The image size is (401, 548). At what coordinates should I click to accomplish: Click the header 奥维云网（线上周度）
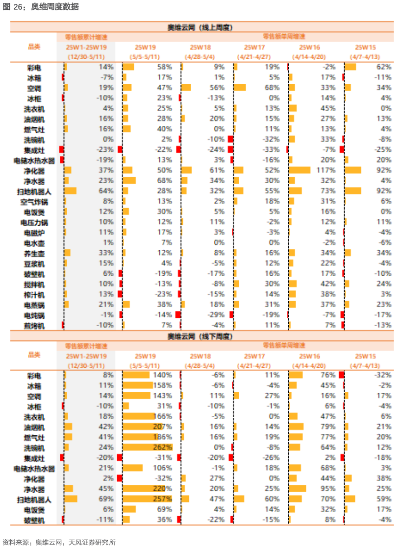(x=201, y=27)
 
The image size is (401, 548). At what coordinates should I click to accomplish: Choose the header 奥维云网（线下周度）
(x=201, y=336)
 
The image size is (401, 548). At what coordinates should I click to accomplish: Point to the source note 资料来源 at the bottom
(x=59, y=542)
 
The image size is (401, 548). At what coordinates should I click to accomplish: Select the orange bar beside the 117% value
(x=300, y=170)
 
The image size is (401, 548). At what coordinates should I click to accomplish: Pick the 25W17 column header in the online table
(x=254, y=47)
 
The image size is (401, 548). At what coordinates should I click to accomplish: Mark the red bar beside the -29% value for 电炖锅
(x=178, y=315)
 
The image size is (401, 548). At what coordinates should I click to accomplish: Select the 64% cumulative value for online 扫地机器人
(x=106, y=191)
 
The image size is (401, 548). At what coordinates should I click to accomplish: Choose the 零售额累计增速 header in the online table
(x=86, y=37)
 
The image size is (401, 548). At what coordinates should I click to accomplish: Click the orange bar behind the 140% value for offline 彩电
(x=136, y=375)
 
